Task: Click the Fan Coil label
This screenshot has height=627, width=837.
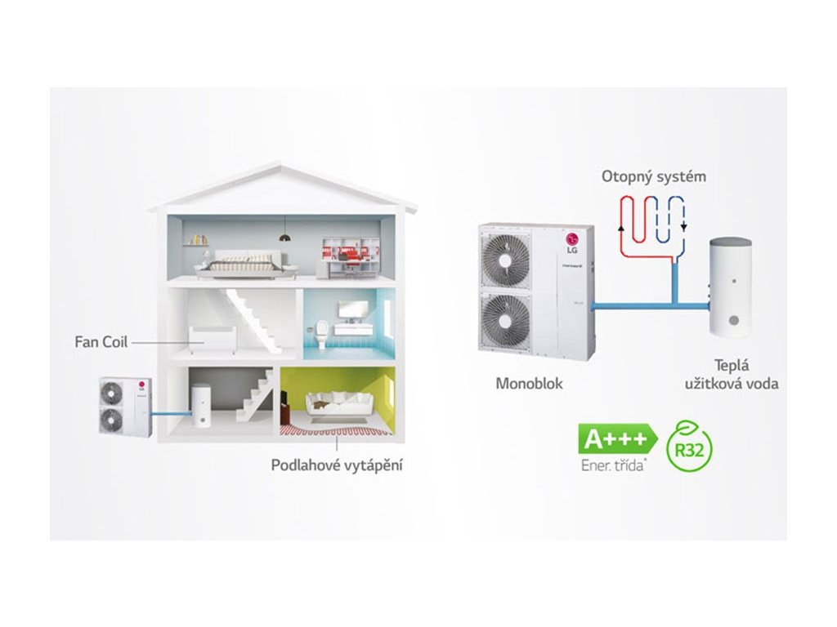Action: pyautogui.click(x=101, y=341)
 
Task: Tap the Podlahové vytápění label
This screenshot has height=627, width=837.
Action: pyautogui.click(x=337, y=465)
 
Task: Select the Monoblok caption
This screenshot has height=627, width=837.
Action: pyautogui.click(x=529, y=382)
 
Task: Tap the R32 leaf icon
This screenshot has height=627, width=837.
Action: pyautogui.click(x=688, y=447)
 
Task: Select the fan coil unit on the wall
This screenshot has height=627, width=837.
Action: pyautogui.click(x=212, y=336)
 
